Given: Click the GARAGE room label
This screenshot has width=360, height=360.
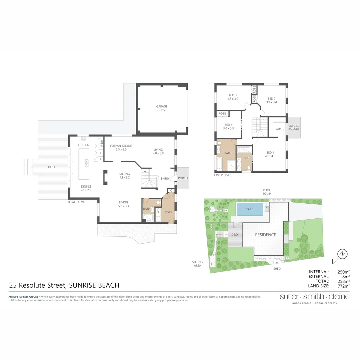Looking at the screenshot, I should [x=162, y=107].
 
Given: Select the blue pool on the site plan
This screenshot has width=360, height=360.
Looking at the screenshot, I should [x=250, y=209].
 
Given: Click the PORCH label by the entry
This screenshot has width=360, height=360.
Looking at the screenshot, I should [x=183, y=178].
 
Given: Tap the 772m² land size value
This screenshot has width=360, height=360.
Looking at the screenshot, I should [x=343, y=286].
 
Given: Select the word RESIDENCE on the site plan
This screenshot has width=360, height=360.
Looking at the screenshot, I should [x=266, y=235].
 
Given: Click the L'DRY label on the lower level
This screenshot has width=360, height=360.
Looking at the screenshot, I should [x=168, y=212].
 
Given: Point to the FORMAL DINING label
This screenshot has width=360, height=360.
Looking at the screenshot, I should [x=121, y=146].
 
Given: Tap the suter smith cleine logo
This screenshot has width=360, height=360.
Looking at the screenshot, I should [x=315, y=297].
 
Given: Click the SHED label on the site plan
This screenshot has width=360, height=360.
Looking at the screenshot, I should [x=277, y=269].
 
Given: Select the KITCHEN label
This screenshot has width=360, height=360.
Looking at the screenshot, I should [x=84, y=145].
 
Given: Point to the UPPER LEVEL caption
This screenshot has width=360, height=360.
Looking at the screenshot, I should [x=223, y=175].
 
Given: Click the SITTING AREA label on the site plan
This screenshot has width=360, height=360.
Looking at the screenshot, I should [x=198, y=263].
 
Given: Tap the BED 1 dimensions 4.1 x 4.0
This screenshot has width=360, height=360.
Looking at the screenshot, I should [x=270, y=156].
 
